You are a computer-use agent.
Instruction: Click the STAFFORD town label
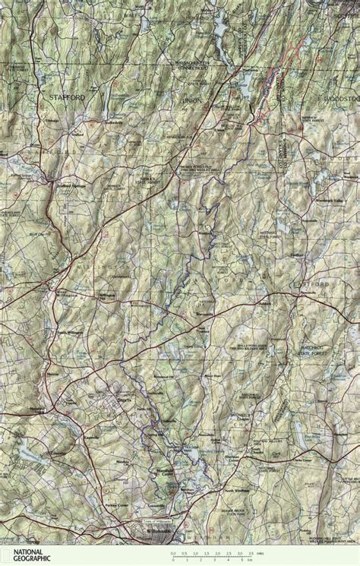click(x=64, y=98)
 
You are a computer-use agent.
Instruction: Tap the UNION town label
click(x=190, y=100)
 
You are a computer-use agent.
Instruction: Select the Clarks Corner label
click(x=303, y=460)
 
